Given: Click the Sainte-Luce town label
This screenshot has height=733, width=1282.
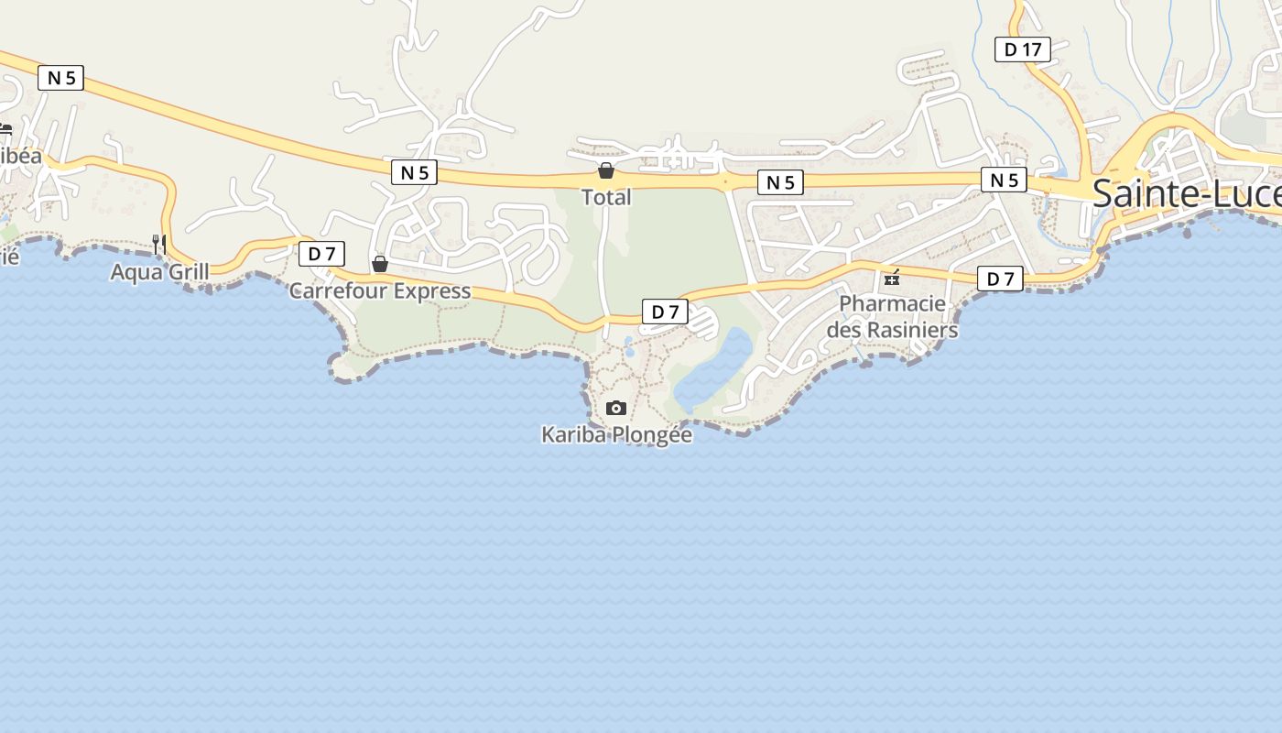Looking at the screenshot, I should click(1186, 194).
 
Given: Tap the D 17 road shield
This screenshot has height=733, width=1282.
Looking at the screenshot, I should click(1022, 49).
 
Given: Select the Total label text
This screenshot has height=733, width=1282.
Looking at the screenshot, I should click(606, 197).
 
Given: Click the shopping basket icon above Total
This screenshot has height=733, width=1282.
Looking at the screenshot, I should click(605, 170).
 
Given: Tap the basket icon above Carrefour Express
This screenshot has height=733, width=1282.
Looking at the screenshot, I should click(380, 264).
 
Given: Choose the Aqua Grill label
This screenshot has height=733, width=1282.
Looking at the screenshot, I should click(160, 272).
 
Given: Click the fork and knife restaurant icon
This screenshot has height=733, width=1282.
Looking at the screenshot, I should click(159, 244).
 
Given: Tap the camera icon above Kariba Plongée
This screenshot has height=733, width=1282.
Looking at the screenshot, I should click(616, 408).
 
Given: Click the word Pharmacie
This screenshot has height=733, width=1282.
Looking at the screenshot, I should click(892, 303).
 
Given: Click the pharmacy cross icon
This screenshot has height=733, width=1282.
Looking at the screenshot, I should click(892, 278).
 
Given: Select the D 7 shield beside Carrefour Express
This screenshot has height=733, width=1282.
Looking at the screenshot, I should click(321, 254).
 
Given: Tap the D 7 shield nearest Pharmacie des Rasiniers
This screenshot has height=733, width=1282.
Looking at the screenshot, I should click(999, 279).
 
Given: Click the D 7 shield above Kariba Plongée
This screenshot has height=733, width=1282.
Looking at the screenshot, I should click(664, 312).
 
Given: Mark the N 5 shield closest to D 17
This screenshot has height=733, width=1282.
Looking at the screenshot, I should click(1004, 180).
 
